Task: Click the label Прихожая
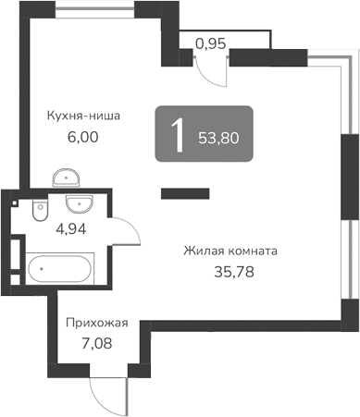click(95, 324)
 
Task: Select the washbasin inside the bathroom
click(77, 204)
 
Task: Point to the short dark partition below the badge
click(185, 193)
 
